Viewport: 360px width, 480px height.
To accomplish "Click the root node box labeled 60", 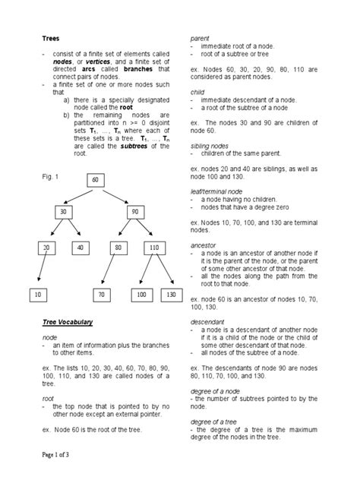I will click(x=96, y=180).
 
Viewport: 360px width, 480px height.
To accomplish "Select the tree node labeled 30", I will click(x=64, y=212).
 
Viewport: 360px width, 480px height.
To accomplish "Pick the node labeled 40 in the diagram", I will click(x=80, y=248).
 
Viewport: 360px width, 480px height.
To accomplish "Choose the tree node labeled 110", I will click(x=154, y=248).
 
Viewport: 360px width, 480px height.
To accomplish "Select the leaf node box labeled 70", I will click(x=100, y=293).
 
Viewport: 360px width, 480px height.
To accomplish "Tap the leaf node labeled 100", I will click(x=142, y=293).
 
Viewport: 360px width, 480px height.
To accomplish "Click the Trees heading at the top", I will click(x=50, y=39).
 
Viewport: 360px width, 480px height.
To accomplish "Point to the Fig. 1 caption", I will click(x=49, y=175).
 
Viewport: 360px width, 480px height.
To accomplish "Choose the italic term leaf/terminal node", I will click(x=219, y=190).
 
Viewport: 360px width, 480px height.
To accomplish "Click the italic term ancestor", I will click(x=204, y=246).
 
